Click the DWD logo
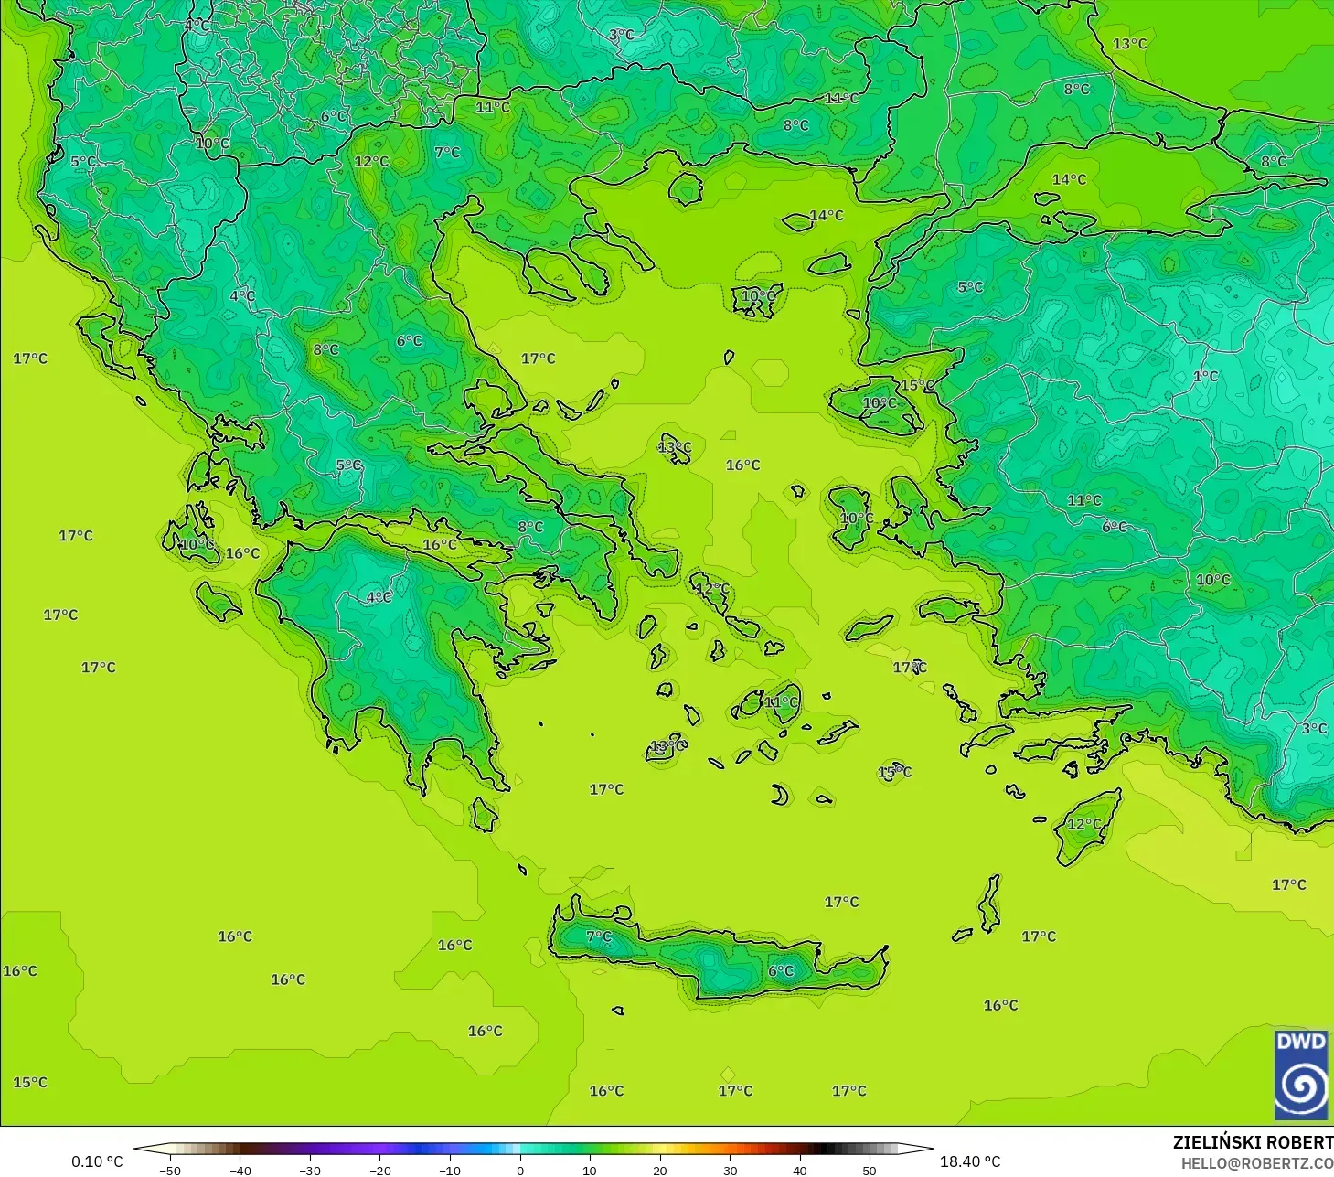coord(1301,1075)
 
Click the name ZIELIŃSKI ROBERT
coord(1253,1142)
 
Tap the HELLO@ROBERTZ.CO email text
coord(1256,1163)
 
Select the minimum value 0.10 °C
coord(97,1161)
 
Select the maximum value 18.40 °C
coord(970,1161)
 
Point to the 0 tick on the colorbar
coord(519,1170)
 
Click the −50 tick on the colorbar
coord(170,1170)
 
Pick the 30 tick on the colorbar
coord(730,1170)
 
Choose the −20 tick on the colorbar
coord(379,1170)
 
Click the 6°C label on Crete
coord(781,971)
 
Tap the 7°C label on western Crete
coord(599,936)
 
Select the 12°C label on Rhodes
coord(1084,824)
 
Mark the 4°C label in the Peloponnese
coord(379,597)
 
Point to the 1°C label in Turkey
coord(1205,377)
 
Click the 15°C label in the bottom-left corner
coord(30,1083)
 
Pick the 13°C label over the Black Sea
coord(1129,44)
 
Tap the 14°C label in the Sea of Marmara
coord(1068,179)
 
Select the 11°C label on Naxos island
coord(781,702)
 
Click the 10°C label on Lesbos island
coord(880,403)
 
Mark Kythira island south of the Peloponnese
coord(485,814)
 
